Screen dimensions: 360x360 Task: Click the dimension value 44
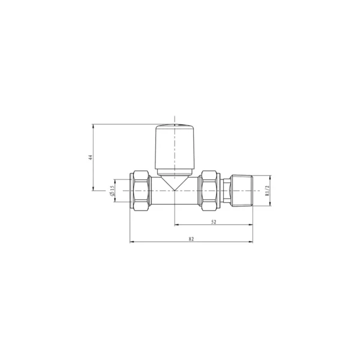pyautogui.click(x=91, y=157)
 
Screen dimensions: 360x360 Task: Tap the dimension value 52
pyautogui.click(x=214, y=222)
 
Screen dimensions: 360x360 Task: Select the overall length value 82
pyautogui.click(x=191, y=239)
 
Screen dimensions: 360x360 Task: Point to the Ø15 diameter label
pyautogui.click(x=112, y=191)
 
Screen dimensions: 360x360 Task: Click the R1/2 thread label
pyautogui.click(x=266, y=191)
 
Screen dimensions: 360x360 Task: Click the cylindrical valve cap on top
pyautogui.click(x=175, y=147)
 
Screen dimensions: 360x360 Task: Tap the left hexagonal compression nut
pyautogui.click(x=140, y=191)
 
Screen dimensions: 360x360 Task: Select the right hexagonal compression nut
pyautogui.click(x=209, y=191)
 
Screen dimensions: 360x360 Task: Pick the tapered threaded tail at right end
pyautogui.click(x=242, y=191)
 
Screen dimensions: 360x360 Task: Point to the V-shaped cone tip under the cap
pyautogui.click(x=175, y=184)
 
